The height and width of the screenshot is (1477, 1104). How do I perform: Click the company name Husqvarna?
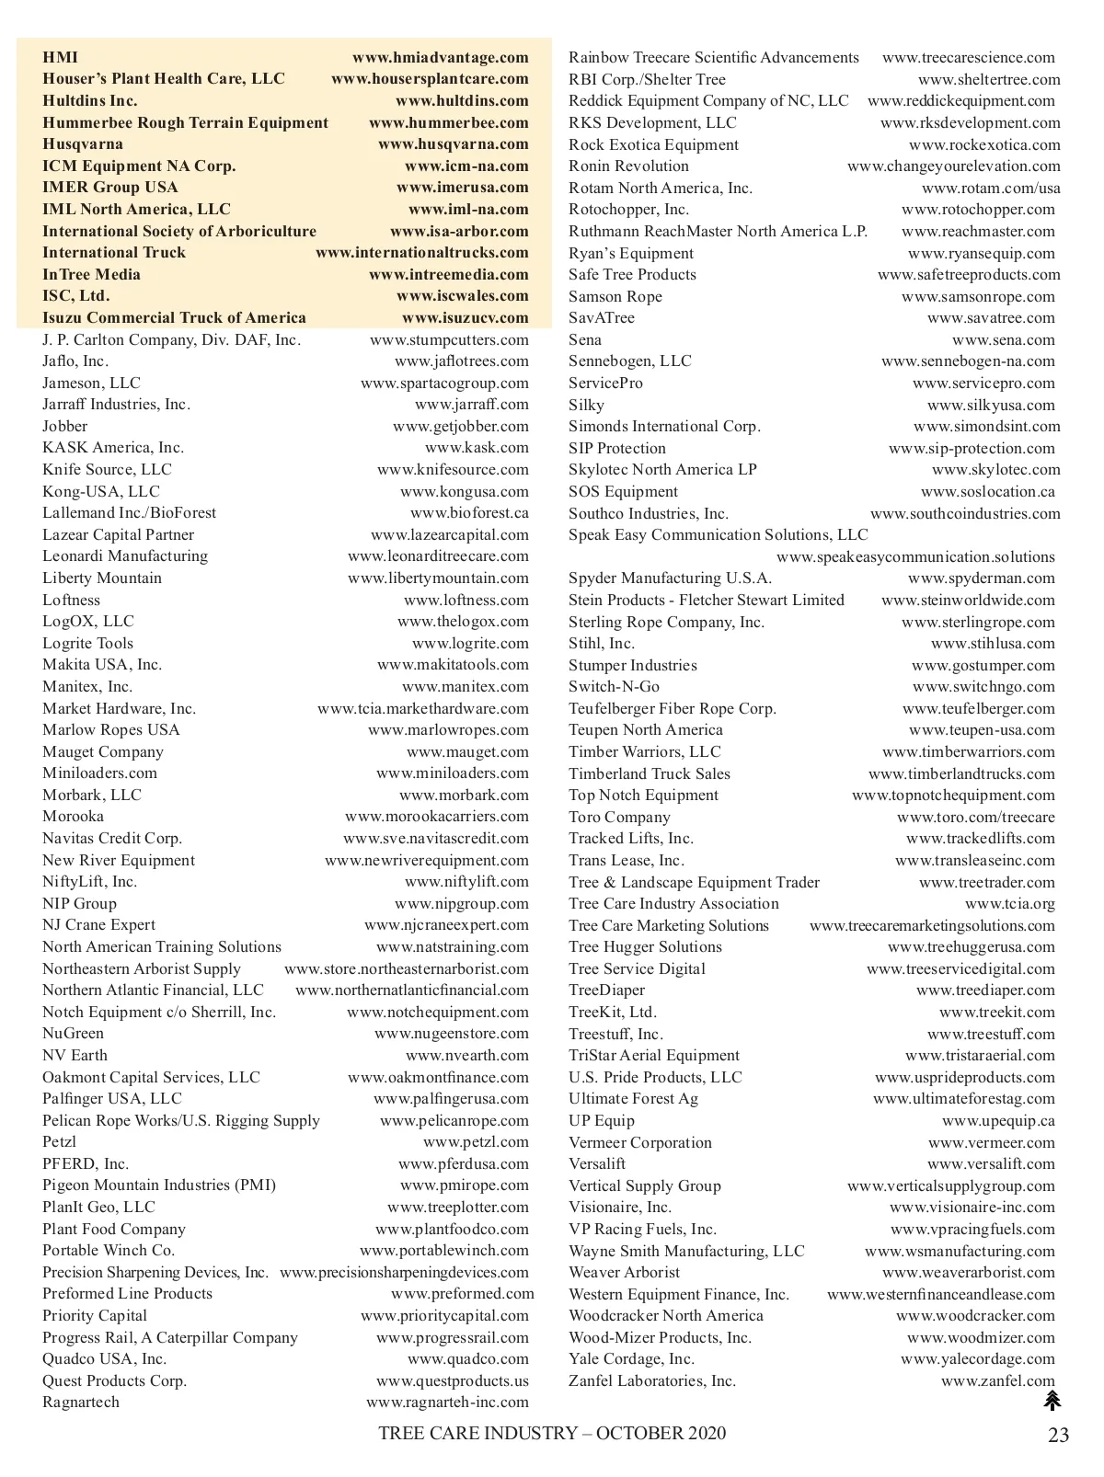[x=83, y=144]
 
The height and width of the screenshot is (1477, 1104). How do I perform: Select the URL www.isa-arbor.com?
[x=459, y=232]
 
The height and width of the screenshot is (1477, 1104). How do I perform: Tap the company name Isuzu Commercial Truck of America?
[x=174, y=318]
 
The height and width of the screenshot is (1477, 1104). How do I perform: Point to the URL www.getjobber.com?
[x=460, y=427]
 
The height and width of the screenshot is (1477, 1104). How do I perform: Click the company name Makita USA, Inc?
[x=102, y=665]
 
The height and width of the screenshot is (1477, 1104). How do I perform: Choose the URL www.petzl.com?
[x=476, y=1142]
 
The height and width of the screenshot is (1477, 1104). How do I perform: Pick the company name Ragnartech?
[x=81, y=1403]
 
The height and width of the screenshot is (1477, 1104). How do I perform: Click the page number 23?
[x=1058, y=1435]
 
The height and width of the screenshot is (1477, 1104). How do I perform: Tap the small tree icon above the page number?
[x=1052, y=1401]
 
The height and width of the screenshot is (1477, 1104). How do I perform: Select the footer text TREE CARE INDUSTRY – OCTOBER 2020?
[x=552, y=1434]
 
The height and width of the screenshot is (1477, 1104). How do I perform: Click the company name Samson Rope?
[x=615, y=297]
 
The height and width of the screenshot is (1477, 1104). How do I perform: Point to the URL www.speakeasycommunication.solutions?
[x=915, y=557]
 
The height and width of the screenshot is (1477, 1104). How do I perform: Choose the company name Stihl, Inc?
[x=602, y=644]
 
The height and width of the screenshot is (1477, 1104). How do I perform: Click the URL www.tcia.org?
[x=1010, y=904]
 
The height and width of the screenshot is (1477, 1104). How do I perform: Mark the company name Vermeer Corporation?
[x=640, y=1143]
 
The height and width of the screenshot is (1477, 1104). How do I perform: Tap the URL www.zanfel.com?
[x=998, y=1381]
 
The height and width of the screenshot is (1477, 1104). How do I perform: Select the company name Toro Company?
[x=619, y=818]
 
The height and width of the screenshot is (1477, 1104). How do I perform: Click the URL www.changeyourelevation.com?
[x=953, y=166]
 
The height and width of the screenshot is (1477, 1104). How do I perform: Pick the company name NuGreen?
[x=73, y=1034]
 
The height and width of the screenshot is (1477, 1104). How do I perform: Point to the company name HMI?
[x=61, y=58]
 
